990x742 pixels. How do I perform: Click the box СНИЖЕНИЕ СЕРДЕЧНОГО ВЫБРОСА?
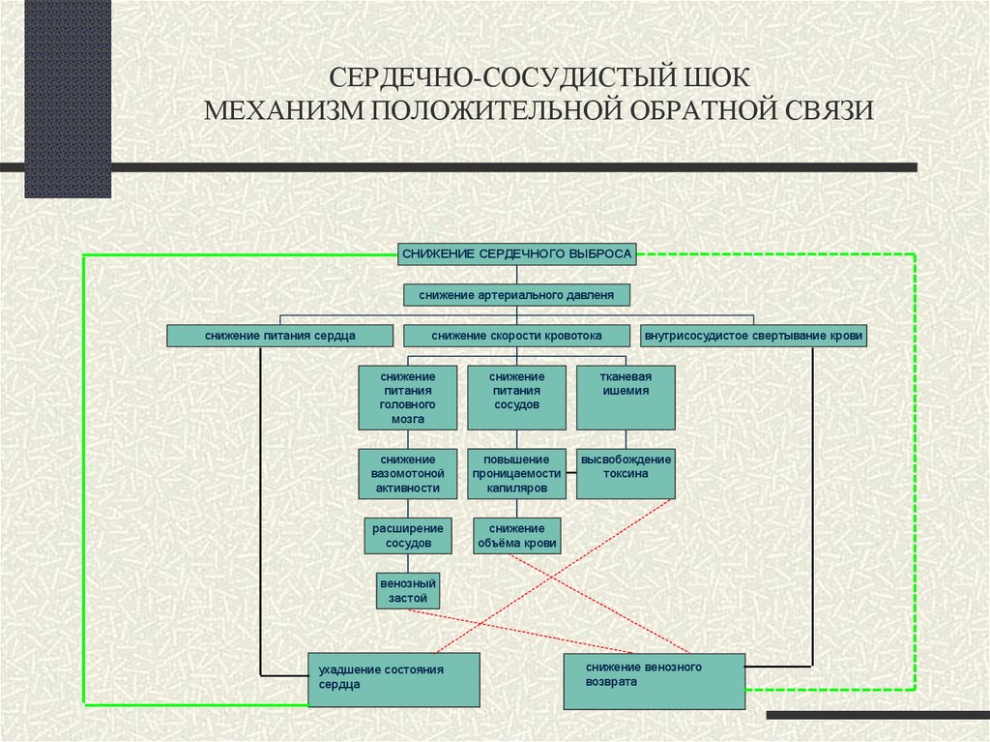[x=517, y=253]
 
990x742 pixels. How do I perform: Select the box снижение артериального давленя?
[x=517, y=294]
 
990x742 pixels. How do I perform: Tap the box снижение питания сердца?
[x=279, y=336]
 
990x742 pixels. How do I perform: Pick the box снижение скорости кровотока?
[x=517, y=336]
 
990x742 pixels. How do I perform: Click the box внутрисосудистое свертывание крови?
[x=753, y=336]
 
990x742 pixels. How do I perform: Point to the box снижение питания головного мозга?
[x=408, y=398]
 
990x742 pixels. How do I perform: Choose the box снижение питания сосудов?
[x=516, y=398]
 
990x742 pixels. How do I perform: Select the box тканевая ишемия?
[x=626, y=398]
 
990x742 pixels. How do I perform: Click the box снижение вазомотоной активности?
[x=408, y=474]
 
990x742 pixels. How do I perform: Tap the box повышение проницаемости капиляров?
[x=516, y=474]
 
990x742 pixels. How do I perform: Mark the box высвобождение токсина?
[x=626, y=474]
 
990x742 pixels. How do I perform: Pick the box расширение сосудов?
[x=408, y=536]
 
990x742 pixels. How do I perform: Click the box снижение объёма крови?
[x=516, y=536]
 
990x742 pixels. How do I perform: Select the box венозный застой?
[x=408, y=591]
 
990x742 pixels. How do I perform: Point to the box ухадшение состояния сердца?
[x=393, y=679]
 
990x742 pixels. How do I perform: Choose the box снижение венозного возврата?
[x=654, y=681]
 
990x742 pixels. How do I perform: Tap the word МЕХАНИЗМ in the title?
[x=287, y=109]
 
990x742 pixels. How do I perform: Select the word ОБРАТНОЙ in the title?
[x=694, y=109]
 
